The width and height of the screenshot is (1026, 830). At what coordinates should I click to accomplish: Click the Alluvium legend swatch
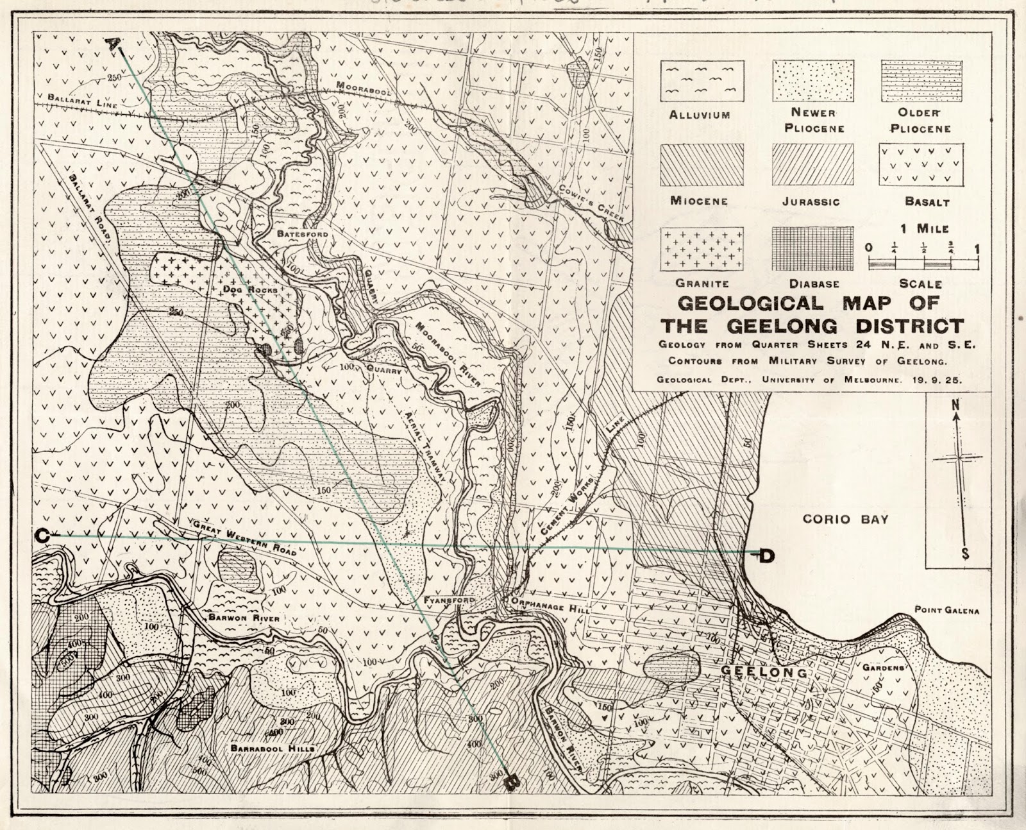click(x=702, y=81)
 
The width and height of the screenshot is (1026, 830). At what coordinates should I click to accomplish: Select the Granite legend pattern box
click(x=702, y=249)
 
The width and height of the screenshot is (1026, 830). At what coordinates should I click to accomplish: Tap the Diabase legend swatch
click(x=812, y=249)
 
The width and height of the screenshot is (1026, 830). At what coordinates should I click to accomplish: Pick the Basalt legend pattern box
click(x=921, y=165)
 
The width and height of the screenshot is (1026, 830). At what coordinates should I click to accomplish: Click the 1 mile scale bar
click(x=923, y=262)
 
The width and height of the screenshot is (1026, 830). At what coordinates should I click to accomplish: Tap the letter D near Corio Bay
click(x=766, y=555)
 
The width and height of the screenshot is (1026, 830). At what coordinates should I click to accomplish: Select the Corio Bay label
click(x=846, y=519)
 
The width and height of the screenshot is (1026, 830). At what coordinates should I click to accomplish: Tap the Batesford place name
click(x=302, y=235)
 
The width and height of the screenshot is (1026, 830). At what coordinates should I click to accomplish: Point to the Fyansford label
click(x=448, y=600)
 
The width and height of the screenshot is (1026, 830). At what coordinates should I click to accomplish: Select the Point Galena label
click(x=946, y=611)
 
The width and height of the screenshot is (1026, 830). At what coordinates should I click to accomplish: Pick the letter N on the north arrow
click(x=955, y=405)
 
